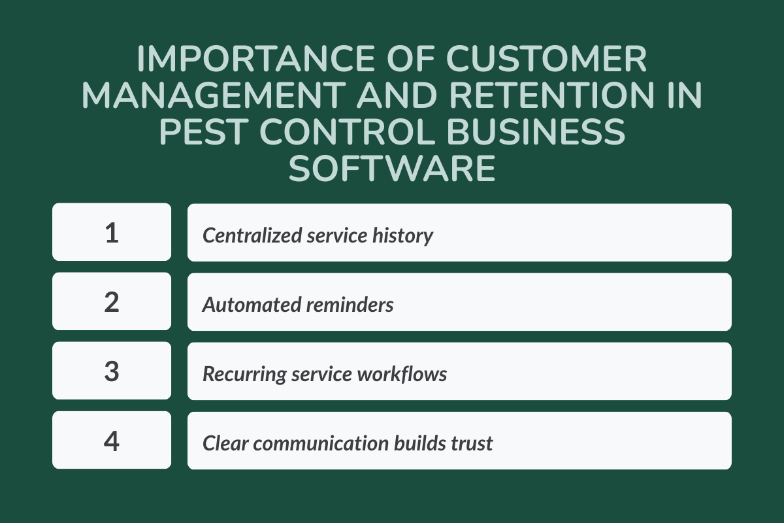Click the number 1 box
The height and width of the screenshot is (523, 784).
[x=112, y=232]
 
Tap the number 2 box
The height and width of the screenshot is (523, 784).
[x=112, y=301]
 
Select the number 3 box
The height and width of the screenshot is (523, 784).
[x=112, y=371]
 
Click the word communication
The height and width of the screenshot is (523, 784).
[x=321, y=443]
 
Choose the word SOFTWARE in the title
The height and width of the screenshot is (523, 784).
[x=392, y=169]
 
